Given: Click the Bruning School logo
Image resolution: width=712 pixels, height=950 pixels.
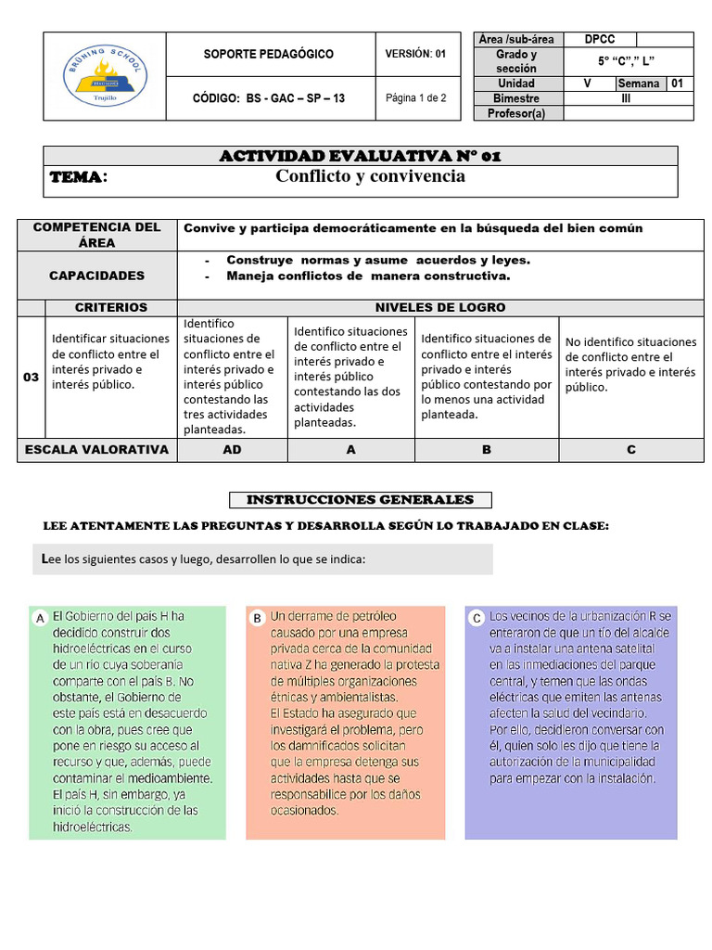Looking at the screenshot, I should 104,77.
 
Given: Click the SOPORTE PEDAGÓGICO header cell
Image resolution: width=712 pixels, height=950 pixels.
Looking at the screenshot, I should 269,55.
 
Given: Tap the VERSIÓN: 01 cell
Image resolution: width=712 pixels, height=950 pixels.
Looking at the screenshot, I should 415,55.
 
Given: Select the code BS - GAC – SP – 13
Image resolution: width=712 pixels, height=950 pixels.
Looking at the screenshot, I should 269,98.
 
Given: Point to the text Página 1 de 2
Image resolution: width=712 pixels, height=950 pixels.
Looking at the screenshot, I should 415,98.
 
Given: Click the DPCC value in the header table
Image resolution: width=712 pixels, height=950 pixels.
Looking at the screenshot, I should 600,40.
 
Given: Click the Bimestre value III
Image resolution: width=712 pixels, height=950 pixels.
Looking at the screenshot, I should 626,98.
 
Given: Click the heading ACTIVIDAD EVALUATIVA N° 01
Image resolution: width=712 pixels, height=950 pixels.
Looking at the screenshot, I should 360,156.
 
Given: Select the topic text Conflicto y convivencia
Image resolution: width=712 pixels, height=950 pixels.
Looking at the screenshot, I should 371,176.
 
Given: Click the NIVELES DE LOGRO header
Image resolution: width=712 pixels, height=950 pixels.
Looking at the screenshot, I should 439,307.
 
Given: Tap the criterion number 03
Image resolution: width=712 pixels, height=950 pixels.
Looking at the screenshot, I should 31,378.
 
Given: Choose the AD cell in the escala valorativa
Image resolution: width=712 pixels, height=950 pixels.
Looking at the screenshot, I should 232,450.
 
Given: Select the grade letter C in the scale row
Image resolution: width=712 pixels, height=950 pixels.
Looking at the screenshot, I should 630,450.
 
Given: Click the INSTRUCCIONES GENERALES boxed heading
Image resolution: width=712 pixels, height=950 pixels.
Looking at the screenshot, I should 360,500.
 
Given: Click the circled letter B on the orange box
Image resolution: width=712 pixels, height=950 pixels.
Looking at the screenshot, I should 257,618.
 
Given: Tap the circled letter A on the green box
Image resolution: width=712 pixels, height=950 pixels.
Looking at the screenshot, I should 40,618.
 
